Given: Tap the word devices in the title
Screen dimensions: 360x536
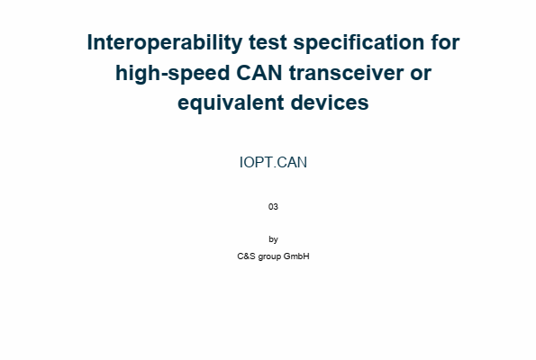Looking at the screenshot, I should pyautogui.click(x=325, y=103).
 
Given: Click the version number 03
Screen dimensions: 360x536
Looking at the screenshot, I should pyautogui.click(x=273, y=207).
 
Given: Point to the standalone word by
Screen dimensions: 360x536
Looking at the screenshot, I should pyautogui.click(x=273, y=239).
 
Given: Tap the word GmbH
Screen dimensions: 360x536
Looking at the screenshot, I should pyautogui.click(x=297, y=256).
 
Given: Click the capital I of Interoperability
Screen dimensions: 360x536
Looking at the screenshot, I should pyautogui.click(x=91, y=42).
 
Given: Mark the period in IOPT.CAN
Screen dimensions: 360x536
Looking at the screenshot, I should pyautogui.click(x=274, y=166).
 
